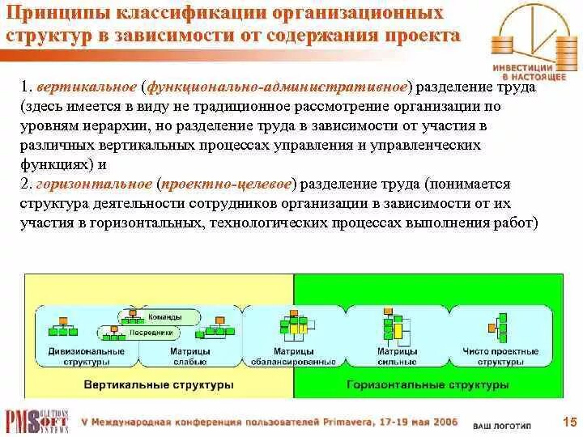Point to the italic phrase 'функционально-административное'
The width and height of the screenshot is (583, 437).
pyautogui.click(x=276, y=85)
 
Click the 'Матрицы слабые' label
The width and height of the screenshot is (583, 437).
pyautogui.click(x=189, y=356)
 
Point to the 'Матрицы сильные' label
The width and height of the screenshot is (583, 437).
pyautogui.click(x=397, y=356)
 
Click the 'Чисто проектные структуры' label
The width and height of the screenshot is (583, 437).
pyautogui.click(x=500, y=356)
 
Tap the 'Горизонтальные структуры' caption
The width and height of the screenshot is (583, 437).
pyautogui.click(x=428, y=385)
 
